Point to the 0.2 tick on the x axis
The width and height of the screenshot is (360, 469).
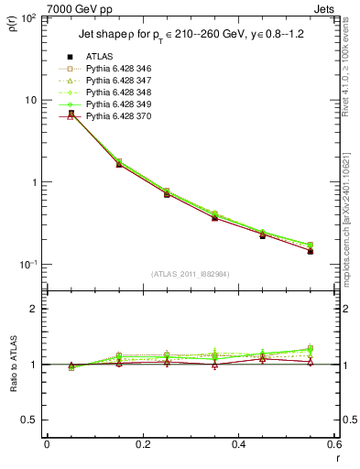[141, 446]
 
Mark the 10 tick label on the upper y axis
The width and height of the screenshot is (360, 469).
[29, 100]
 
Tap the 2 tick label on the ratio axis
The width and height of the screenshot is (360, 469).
[33, 309]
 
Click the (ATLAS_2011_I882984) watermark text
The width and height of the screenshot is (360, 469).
[190, 275]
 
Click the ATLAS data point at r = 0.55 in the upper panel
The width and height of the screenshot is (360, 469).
[311, 251]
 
